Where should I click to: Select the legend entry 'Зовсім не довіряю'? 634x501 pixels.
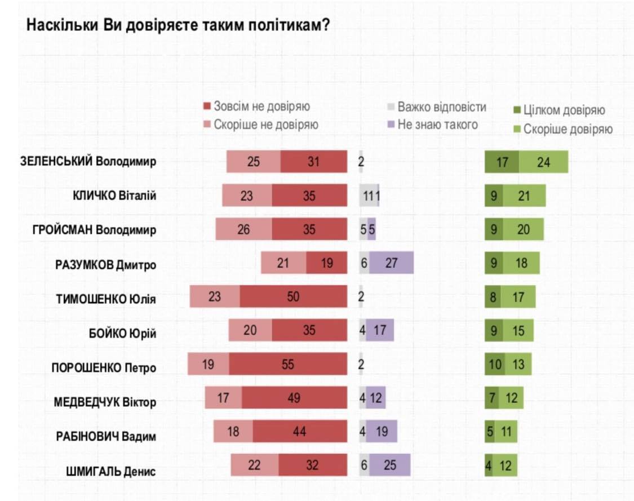256,107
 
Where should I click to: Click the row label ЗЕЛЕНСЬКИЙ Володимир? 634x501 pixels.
88,162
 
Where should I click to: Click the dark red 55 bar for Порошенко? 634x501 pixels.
288,365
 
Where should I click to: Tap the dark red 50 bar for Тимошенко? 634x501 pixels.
293,296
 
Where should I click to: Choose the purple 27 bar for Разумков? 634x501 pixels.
391,263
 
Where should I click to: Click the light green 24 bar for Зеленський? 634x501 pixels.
543,162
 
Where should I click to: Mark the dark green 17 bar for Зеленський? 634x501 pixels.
502,162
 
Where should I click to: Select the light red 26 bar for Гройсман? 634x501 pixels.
244,229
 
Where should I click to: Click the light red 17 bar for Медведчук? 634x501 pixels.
224,398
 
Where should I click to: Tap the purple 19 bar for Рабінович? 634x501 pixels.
382,432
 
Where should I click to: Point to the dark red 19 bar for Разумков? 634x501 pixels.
327,263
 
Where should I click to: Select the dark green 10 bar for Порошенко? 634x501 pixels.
495,365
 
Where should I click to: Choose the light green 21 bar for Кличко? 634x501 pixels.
524,196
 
